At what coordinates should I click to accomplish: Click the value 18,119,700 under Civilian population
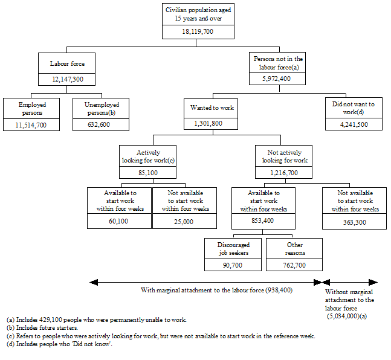click(198, 32)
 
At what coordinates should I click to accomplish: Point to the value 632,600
click(100, 124)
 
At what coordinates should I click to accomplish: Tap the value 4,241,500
click(354, 124)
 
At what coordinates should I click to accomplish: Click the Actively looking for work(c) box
click(140, 156)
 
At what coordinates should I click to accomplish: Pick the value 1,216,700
click(285, 173)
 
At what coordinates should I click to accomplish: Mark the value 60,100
click(119, 221)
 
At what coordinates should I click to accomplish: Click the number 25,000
click(184, 221)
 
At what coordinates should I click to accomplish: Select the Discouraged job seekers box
click(233, 248)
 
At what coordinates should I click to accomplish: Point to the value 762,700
click(294, 265)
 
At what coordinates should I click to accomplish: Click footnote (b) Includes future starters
click(42, 327)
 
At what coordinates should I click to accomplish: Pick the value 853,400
click(263, 221)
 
